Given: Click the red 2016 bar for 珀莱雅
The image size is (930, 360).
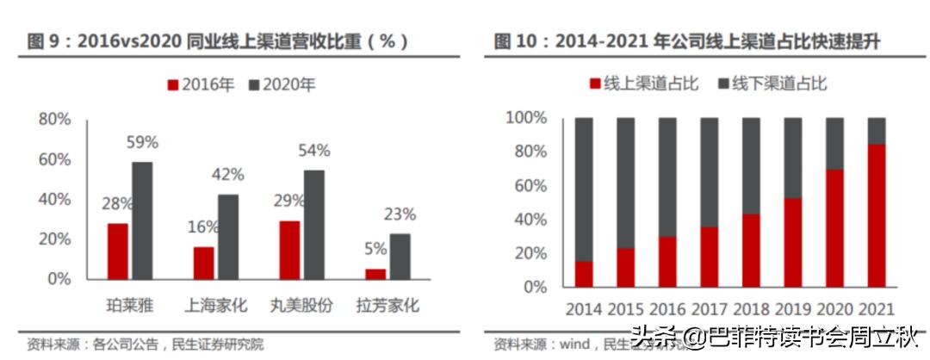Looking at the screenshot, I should (118, 251).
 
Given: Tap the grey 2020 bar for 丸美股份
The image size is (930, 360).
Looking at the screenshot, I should (314, 225).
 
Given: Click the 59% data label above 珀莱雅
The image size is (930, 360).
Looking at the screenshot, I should (143, 142).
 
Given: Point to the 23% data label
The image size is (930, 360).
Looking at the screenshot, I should (400, 214).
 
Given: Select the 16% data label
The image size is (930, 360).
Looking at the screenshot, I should (203, 227).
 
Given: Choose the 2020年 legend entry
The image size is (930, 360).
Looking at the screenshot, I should (282, 85).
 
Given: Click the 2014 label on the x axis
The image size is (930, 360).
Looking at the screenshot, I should (584, 308).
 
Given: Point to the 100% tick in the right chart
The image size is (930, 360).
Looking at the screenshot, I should (525, 117).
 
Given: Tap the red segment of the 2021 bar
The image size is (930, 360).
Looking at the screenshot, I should (876, 215).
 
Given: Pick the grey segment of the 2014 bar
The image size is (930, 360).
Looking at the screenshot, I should (584, 189).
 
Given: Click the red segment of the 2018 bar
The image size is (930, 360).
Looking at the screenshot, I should (751, 250).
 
